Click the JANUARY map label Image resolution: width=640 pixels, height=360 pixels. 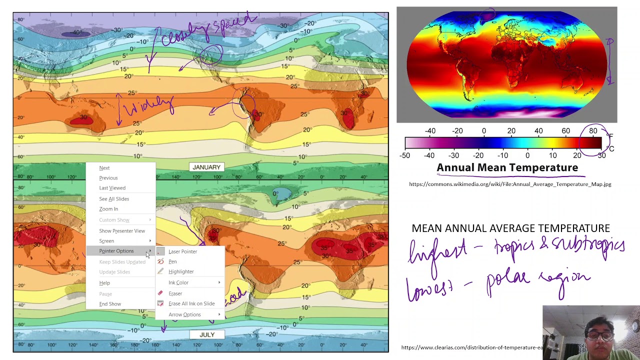[206, 167]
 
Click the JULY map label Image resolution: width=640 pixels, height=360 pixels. [207, 334]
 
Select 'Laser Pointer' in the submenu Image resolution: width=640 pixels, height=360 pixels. [182, 251]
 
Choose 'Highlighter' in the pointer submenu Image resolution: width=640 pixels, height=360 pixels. [181, 271]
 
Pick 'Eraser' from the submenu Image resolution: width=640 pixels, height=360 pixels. [175, 293]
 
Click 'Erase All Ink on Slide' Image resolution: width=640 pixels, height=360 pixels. [191, 303]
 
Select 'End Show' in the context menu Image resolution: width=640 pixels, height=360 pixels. [110, 304]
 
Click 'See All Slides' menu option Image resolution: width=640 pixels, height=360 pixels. [114, 199]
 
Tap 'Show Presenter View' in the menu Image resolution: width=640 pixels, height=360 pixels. [122, 231]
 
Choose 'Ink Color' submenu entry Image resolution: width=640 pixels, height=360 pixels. [178, 282]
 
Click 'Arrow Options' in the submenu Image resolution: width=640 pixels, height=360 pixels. [184, 314]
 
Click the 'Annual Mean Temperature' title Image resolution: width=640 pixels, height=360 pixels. [507, 168]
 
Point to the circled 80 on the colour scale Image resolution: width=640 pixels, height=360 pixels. [593, 131]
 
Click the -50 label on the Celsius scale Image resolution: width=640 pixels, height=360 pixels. [405, 155]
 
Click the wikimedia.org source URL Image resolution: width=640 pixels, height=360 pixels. [510, 184]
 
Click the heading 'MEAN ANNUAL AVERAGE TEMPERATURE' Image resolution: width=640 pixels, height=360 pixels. [510, 228]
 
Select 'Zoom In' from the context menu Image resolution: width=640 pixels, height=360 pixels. [108, 209]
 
